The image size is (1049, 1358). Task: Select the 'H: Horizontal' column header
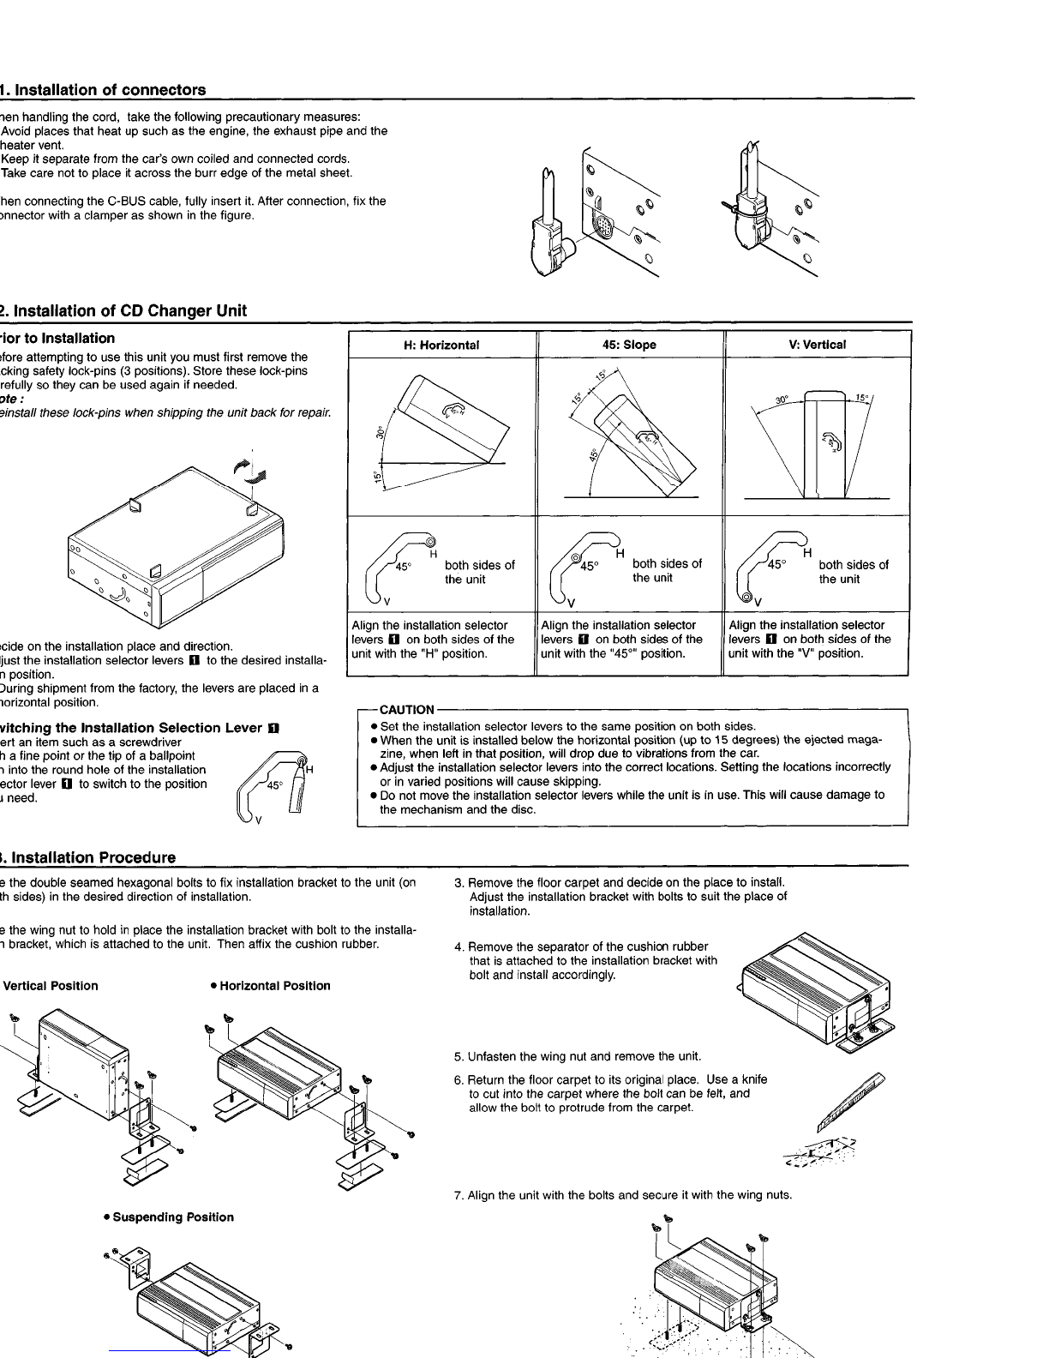click(441, 345)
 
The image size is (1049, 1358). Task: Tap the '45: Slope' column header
click(629, 345)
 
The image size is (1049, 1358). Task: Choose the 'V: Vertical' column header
click(817, 345)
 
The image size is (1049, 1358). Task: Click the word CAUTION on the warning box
click(406, 710)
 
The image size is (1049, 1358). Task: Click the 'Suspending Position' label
click(168, 1217)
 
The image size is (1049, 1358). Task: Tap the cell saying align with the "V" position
click(810, 640)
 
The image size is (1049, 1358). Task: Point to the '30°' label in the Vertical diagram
click(782, 400)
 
